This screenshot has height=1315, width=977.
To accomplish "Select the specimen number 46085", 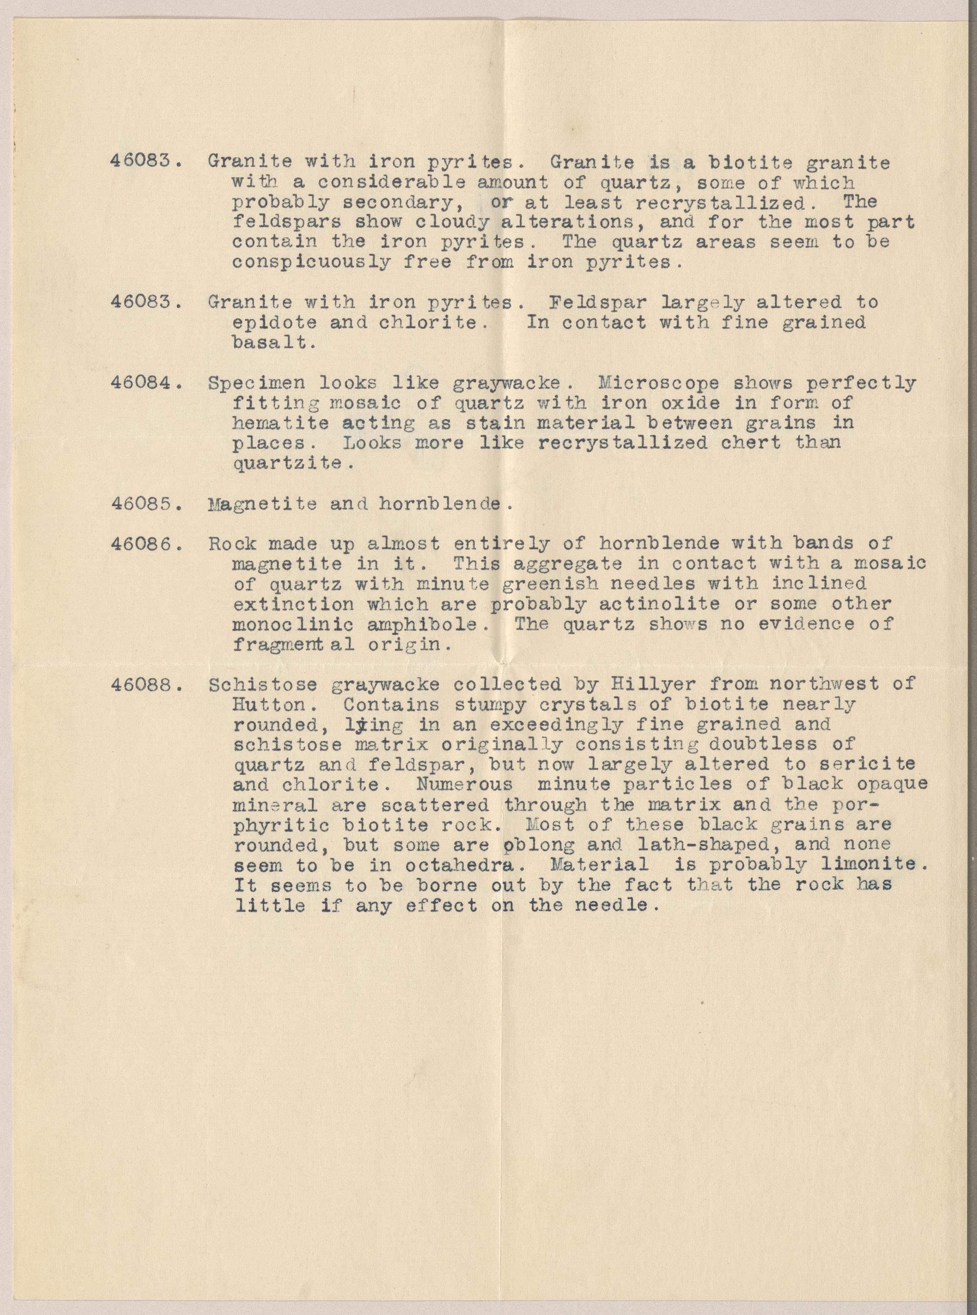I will (144, 504).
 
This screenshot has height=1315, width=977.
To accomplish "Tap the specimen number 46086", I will (144, 543).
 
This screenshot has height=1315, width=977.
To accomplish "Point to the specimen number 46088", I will (144, 685).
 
